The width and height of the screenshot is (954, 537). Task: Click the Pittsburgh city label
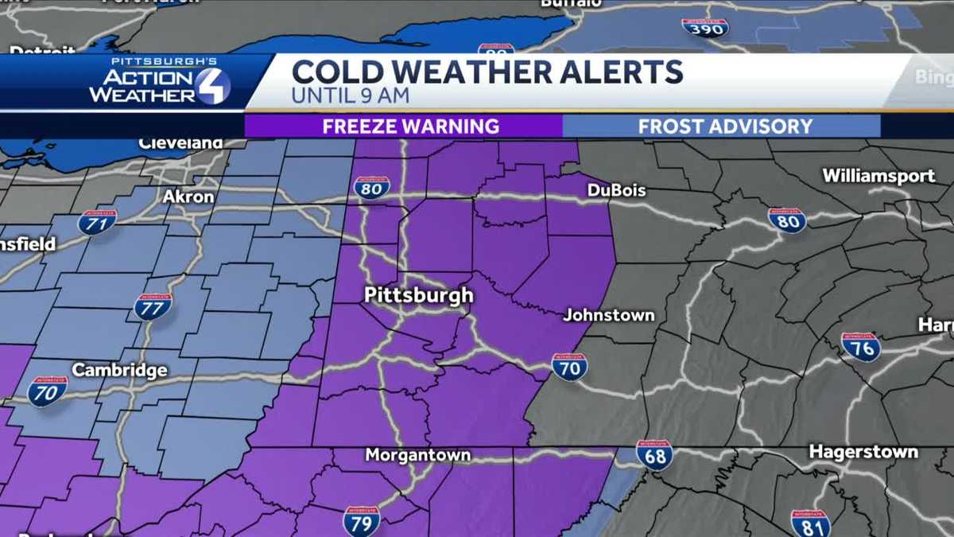pos(418,295)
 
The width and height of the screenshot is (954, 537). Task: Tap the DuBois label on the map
pos(616,190)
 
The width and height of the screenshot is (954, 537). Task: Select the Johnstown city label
pos(609,315)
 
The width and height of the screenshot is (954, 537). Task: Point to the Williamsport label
pos(878,176)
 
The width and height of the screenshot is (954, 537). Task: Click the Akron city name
pos(188,196)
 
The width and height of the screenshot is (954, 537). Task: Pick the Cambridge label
pos(119,370)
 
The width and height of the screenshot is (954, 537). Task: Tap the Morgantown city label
pos(417,456)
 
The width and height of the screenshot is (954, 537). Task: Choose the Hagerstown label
pos(863,452)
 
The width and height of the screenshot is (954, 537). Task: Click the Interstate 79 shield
pos(362,520)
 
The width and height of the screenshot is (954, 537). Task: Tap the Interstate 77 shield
pos(153,306)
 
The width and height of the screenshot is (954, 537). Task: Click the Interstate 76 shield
pos(860,347)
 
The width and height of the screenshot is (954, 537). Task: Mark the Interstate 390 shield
pos(704,28)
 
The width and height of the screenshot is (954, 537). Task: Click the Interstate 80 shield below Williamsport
pos(787,220)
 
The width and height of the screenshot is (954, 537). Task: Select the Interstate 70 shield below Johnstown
pos(569,366)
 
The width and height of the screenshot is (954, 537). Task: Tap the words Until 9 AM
pos(350,96)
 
